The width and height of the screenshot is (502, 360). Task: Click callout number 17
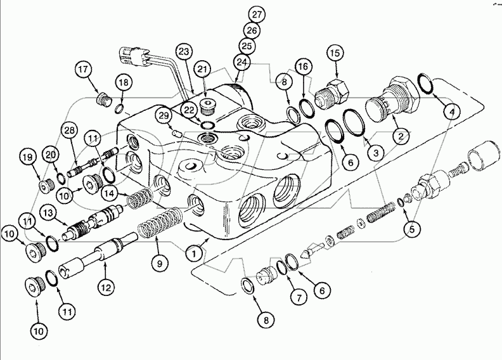click(83, 68)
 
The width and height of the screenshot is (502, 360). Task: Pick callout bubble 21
click(203, 68)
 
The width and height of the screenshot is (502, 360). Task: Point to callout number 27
click(255, 14)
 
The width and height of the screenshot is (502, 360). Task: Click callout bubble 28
click(68, 131)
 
